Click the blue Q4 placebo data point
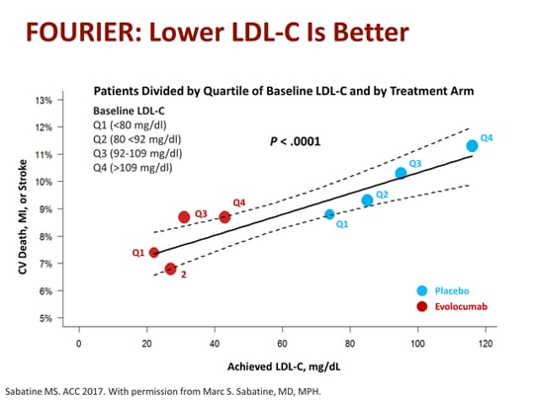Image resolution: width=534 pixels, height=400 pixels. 472,146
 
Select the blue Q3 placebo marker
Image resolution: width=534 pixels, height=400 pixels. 400,173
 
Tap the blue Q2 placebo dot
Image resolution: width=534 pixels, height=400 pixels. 367,200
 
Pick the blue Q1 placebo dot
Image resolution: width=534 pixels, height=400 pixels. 329,214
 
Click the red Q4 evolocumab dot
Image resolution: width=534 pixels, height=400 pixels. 225,216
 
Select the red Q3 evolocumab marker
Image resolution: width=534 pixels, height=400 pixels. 184,217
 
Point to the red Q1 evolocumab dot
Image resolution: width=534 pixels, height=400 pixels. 153,253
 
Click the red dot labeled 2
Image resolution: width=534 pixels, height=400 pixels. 170,269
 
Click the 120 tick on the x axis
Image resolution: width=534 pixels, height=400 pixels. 485,344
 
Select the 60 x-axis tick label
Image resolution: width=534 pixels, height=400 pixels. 282,344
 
